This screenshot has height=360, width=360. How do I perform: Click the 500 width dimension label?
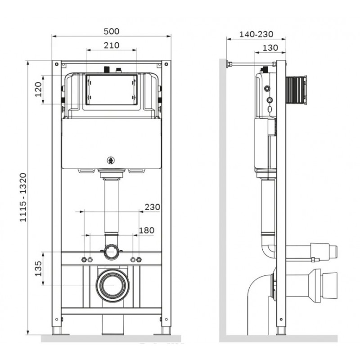click(x=112, y=31)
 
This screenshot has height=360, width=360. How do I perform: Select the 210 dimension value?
click(x=112, y=45)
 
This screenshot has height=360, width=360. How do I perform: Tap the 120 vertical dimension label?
click(x=38, y=89)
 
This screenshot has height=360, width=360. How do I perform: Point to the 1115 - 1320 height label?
click(x=23, y=198)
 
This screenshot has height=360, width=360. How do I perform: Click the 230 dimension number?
click(x=153, y=207)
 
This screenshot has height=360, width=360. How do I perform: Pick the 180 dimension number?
click(x=147, y=230)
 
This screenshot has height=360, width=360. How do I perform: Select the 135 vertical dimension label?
click(x=38, y=269)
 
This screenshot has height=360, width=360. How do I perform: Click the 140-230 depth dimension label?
click(x=256, y=35)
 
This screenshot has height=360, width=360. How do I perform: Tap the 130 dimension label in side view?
click(x=270, y=48)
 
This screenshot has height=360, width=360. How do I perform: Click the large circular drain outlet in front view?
click(x=112, y=285)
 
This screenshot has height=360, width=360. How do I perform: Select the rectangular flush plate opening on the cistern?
click(x=112, y=90)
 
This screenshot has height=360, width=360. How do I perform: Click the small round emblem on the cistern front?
click(x=111, y=161)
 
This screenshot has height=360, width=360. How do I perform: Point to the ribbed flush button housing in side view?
click(x=296, y=90)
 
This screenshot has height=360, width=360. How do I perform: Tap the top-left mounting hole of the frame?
click(x=57, y=64)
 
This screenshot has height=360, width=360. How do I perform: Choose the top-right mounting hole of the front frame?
click(x=166, y=64)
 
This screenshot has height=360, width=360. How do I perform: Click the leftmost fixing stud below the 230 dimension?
click(x=84, y=260)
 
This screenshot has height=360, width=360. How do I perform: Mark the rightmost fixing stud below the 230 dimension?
click(x=139, y=260)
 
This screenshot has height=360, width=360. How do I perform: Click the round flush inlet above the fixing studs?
click(x=111, y=252)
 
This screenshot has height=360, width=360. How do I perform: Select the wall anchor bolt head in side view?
click(x=228, y=64)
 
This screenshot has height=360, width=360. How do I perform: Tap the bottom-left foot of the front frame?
click(x=57, y=331)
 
